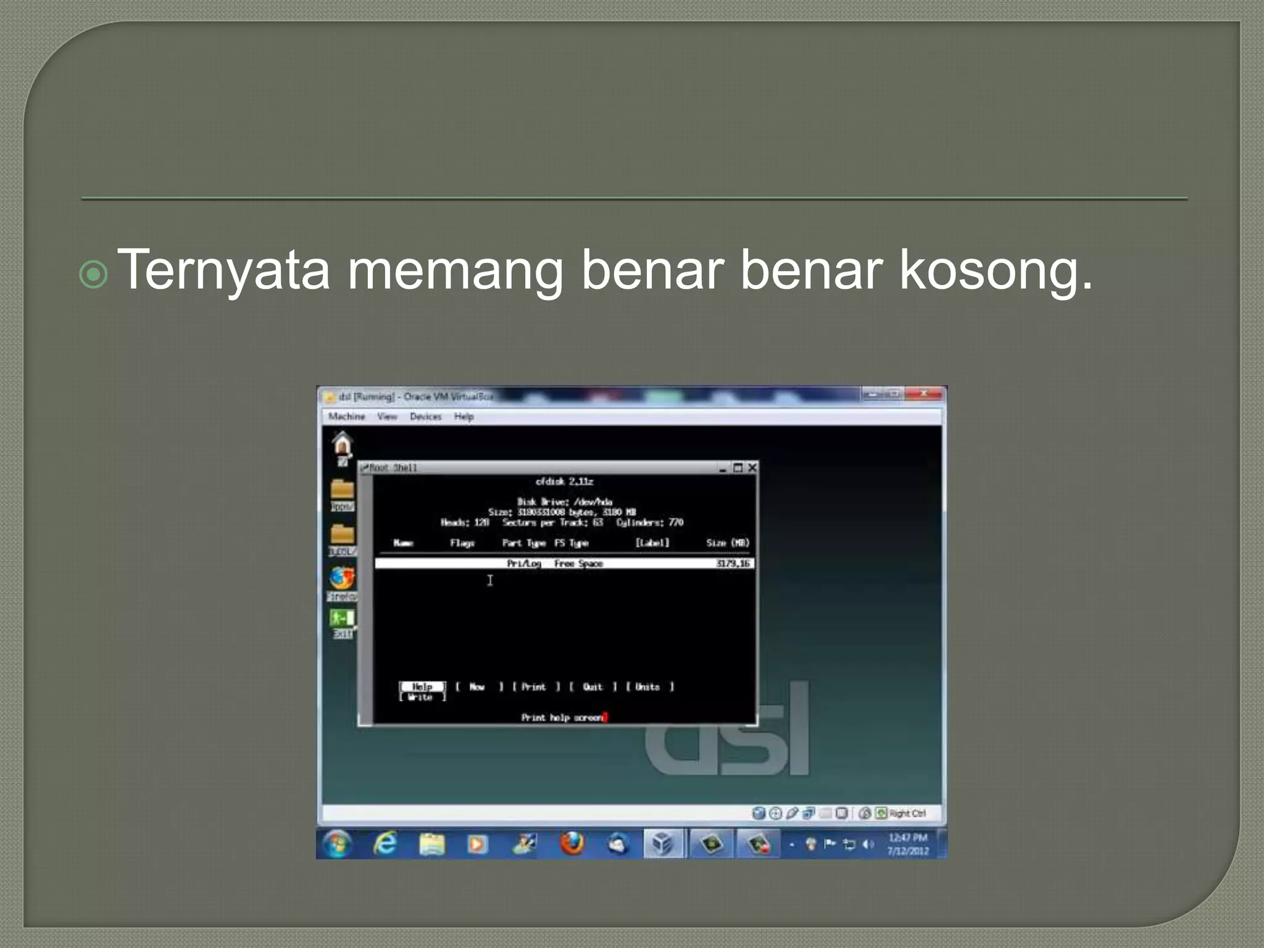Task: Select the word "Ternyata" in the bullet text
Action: [x=223, y=270]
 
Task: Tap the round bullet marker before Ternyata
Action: [x=94, y=275]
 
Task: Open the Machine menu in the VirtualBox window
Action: [x=346, y=417]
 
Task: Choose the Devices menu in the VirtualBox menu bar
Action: [x=426, y=417]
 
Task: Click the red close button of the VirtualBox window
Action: [x=924, y=394]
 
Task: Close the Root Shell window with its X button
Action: [x=752, y=468]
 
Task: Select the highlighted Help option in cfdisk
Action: [x=422, y=686]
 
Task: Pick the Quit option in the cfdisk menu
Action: [x=592, y=687]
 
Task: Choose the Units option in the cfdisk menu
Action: [x=647, y=687]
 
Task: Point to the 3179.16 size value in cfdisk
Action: [x=733, y=563]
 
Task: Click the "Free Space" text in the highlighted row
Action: [x=578, y=563]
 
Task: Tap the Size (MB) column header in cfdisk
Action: [x=728, y=543]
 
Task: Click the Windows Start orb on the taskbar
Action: [x=337, y=844]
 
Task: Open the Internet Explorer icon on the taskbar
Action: [x=385, y=844]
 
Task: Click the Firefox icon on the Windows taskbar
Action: [x=572, y=844]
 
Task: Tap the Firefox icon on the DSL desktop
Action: [x=341, y=578]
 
